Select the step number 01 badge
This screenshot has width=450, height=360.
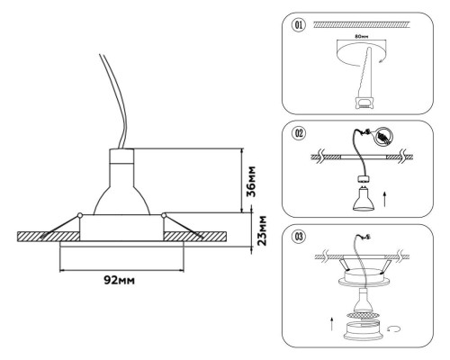click(298, 24)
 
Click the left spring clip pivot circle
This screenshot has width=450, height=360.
click(81, 213)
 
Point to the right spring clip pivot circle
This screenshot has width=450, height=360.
click(163, 213)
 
